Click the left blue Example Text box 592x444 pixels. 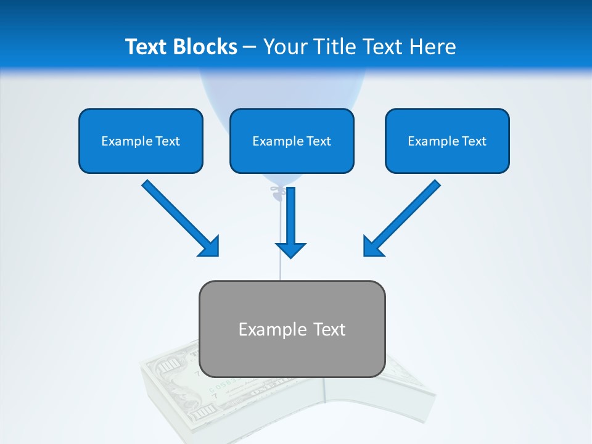tap(141, 141)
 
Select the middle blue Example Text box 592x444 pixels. tap(292, 141)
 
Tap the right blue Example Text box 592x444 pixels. tap(447, 141)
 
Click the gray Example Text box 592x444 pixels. tap(292, 329)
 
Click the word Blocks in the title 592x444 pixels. tap(205, 47)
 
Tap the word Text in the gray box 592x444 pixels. tap(330, 329)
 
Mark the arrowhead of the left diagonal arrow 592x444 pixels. tap(210, 247)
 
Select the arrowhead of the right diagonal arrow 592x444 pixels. tap(372, 247)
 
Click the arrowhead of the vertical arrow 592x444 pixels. tap(291, 249)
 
